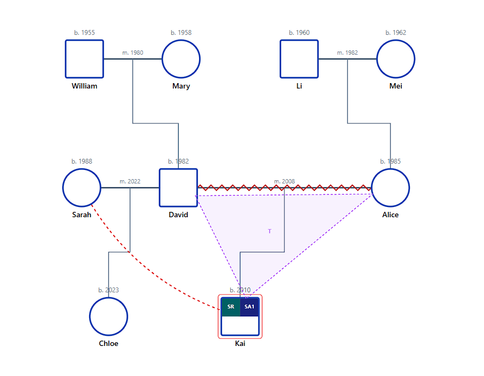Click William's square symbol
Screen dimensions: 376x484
tap(84, 59)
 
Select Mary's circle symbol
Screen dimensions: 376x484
tap(181, 59)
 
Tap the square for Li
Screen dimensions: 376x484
tap(299, 59)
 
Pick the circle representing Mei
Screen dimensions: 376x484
tap(395, 59)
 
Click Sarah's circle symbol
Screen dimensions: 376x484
tap(82, 188)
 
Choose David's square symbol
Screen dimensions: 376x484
tap(178, 188)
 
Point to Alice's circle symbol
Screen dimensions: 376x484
tap(390, 188)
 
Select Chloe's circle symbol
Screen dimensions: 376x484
tap(108, 316)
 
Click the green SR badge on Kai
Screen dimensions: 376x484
tap(231, 307)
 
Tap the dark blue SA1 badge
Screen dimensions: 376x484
tap(250, 307)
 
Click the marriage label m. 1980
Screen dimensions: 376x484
tap(133, 53)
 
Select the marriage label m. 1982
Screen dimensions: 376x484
tap(347, 53)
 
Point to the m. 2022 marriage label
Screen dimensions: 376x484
tap(130, 181)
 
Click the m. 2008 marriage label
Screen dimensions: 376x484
tap(284, 181)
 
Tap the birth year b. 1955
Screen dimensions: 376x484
tap(84, 33)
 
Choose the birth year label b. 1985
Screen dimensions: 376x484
tap(390, 161)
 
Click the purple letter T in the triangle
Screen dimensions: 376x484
tap(269, 231)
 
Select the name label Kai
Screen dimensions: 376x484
tap(240, 343)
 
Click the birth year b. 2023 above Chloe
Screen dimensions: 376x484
tap(108, 290)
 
